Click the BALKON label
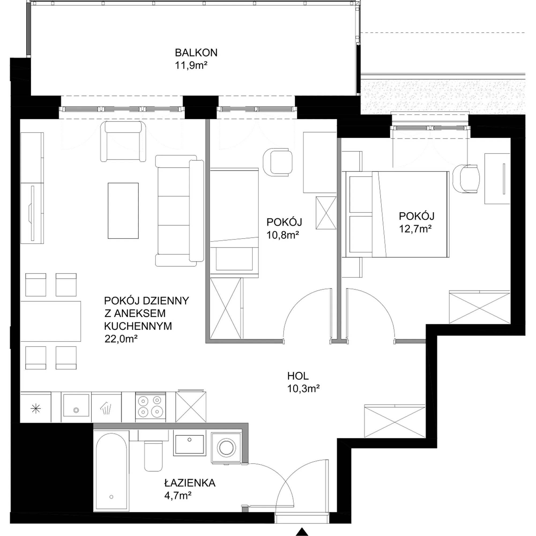[x=196, y=53]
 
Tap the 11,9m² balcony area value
[x=191, y=65]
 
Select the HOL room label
[x=298, y=376]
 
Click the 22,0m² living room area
[x=121, y=339]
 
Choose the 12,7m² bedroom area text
[x=415, y=229]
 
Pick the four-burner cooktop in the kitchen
[x=150, y=407]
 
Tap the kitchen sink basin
[x=76, y=405]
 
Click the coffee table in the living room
[x=123, y=211]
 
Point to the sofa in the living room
[x=180, y=211]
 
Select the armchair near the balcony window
[x=123, y=142]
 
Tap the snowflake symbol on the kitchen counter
[x=36, y=409]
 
